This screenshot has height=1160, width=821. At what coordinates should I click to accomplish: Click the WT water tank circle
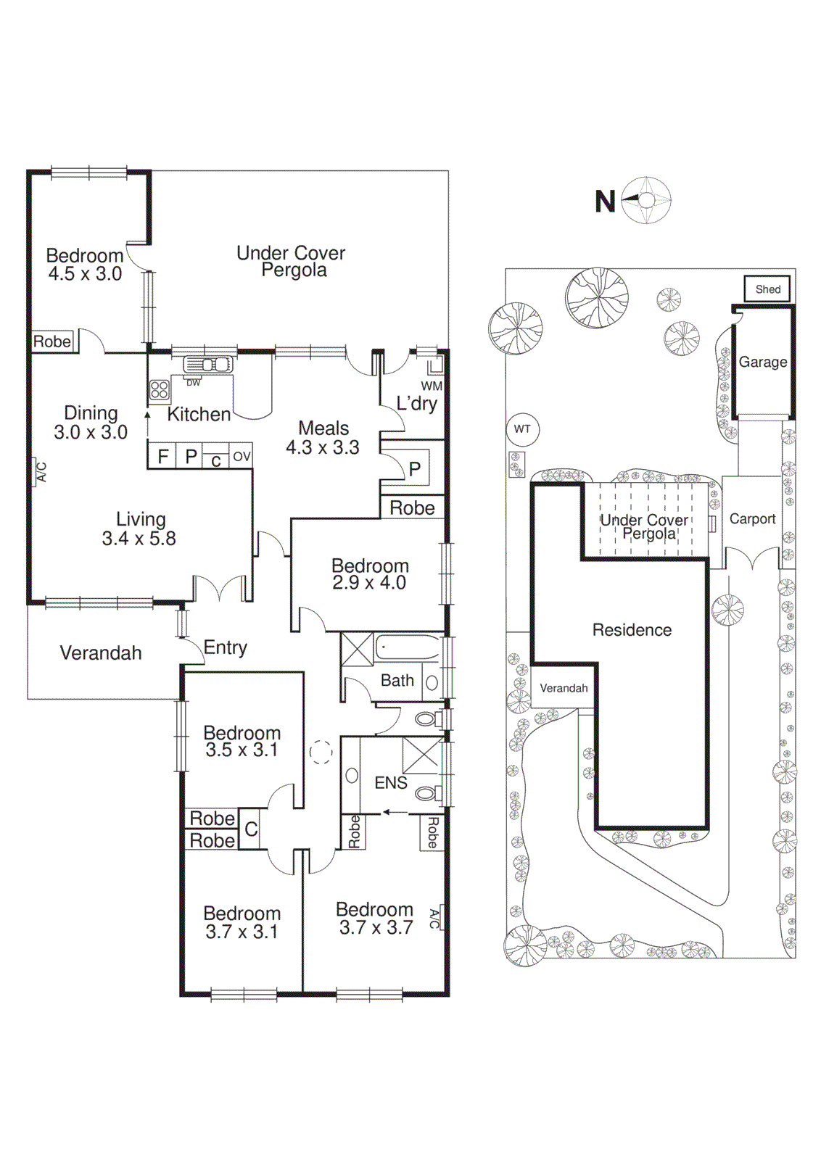coord(522,429)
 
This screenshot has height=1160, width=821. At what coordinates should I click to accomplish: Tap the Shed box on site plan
coord(767,289)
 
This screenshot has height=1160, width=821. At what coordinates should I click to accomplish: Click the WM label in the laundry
coord(432,386)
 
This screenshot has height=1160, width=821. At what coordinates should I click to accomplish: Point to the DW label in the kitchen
coord(193,382)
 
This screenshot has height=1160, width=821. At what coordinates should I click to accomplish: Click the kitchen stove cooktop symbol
coord(160,390)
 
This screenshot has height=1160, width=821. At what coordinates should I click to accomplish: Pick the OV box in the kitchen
coord(242,457)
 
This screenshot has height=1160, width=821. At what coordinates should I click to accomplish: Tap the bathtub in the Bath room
coord(408,647)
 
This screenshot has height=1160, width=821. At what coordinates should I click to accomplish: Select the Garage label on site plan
coord(763,362)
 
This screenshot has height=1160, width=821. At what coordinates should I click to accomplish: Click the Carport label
coord(752,519)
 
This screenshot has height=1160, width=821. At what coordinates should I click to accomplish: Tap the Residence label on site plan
coord(632,630)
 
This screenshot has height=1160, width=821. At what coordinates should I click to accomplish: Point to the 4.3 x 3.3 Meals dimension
coord(322,448)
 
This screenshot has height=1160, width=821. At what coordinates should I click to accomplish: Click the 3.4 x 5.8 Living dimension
coord(139,539)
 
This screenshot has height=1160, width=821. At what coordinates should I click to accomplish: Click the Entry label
coord(225,647)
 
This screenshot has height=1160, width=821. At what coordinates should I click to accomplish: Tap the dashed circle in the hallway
coord(321,753)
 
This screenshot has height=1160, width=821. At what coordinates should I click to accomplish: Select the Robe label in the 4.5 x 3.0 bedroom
coord(52,341)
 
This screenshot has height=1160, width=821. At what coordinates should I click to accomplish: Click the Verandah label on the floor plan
coord(101,653)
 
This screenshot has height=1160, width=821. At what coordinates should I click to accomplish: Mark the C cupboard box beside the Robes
coord(251,829)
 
